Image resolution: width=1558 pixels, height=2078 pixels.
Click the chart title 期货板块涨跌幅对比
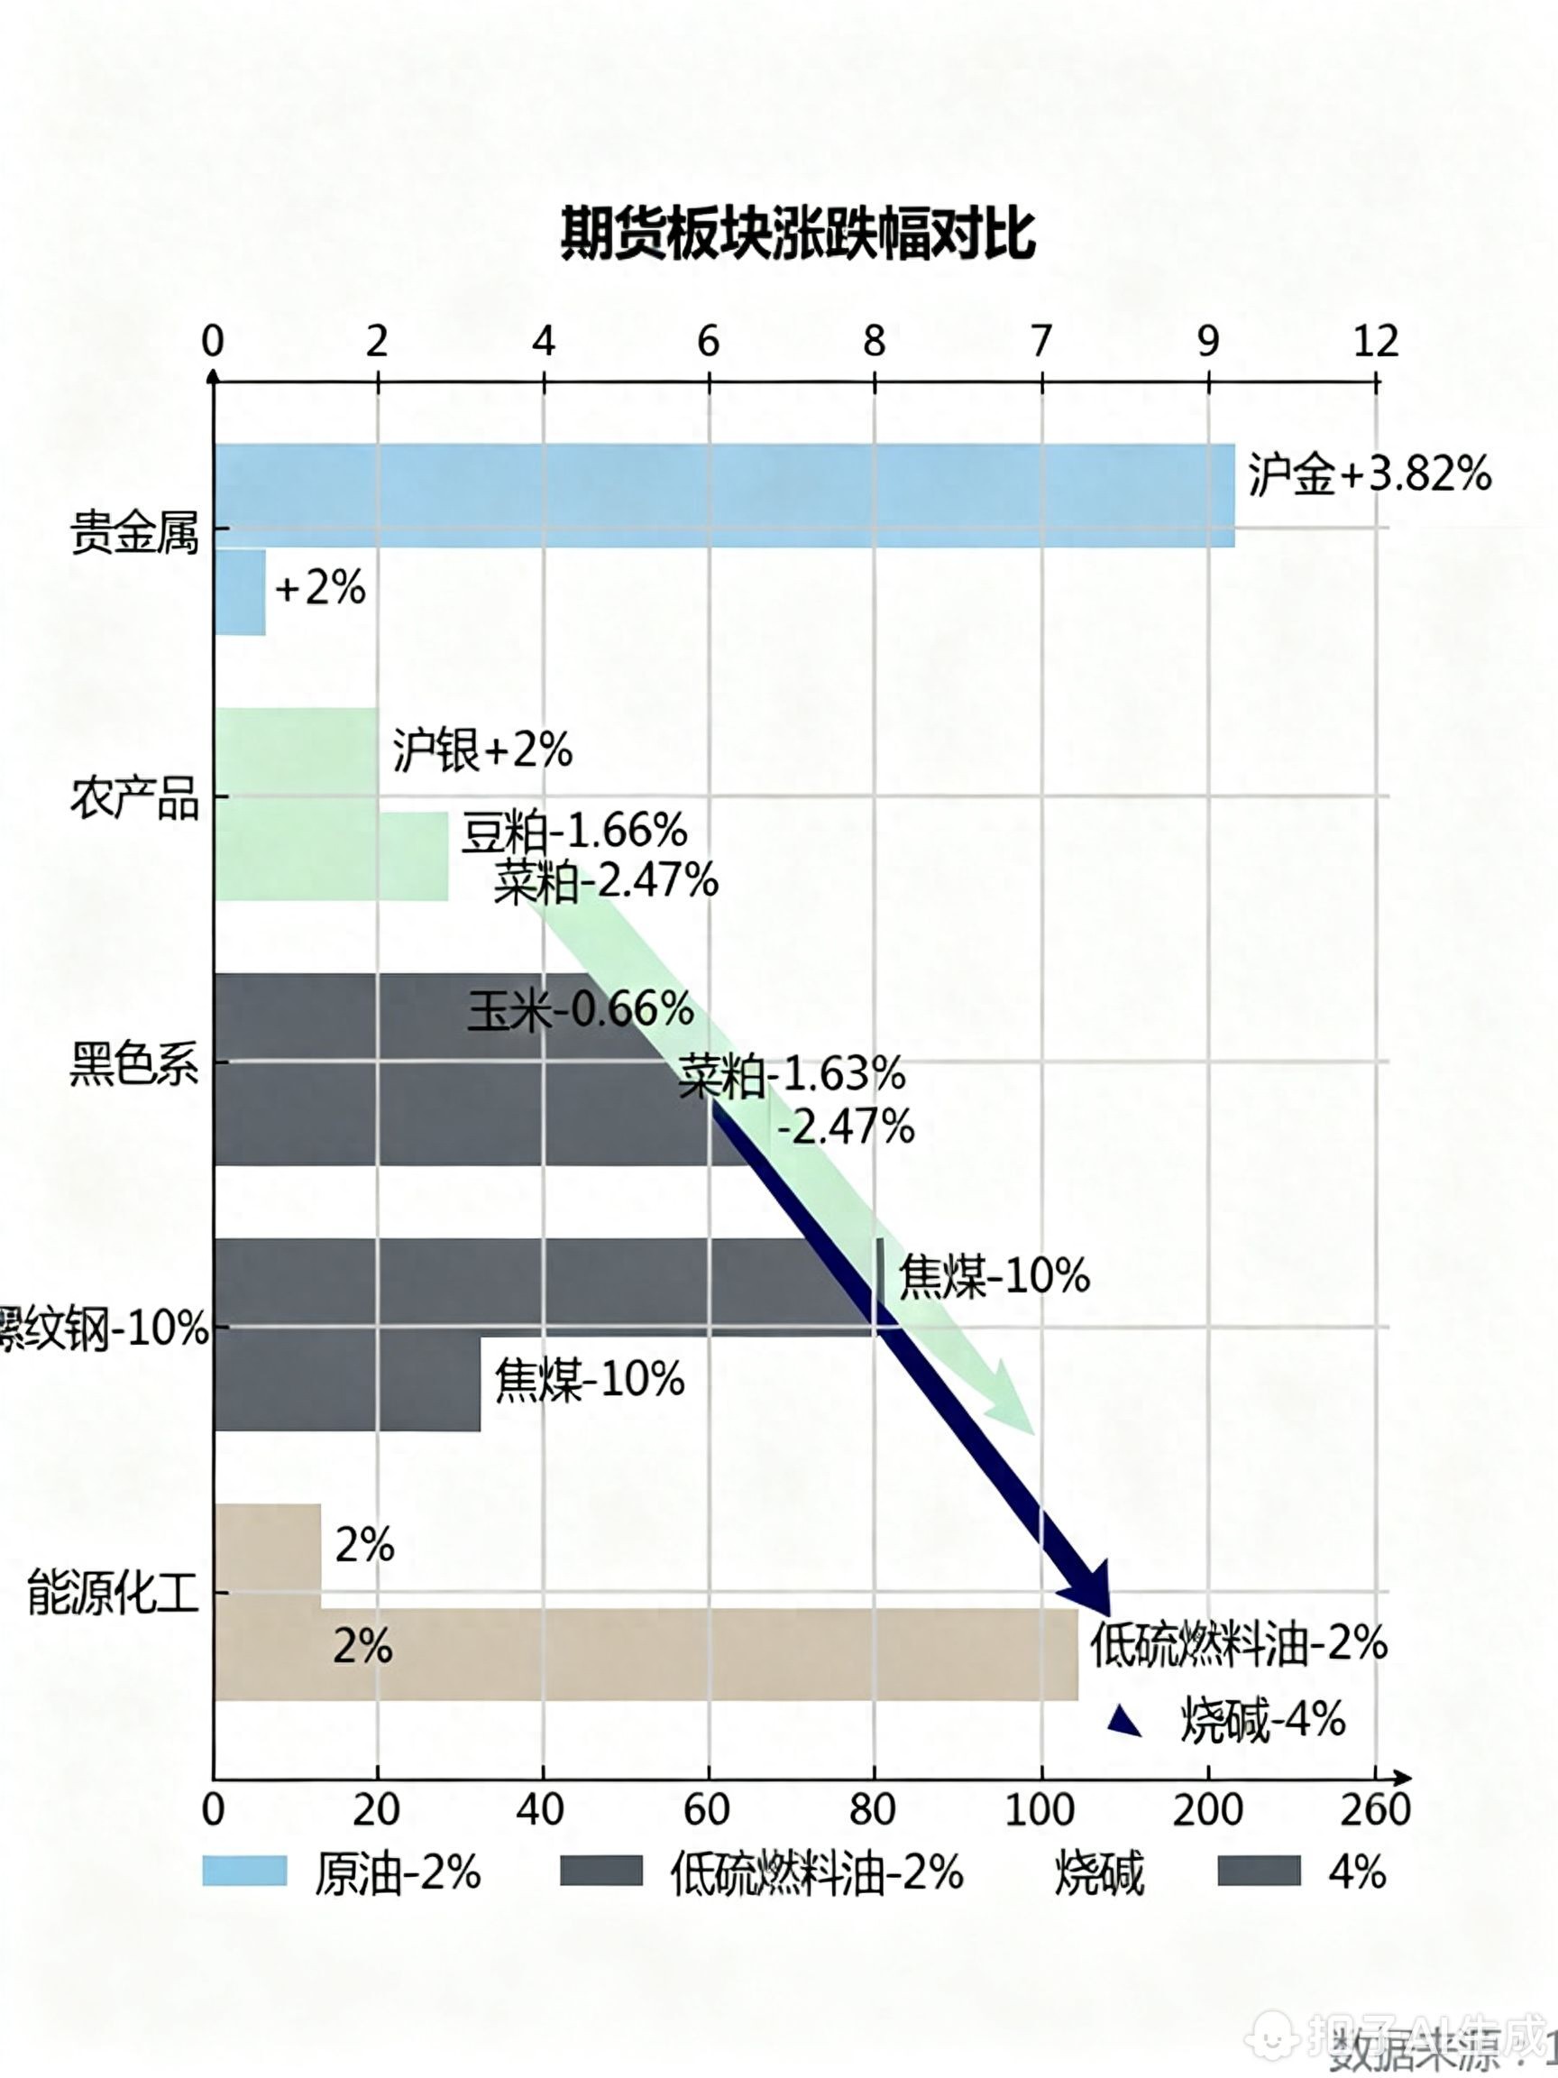point(797,234)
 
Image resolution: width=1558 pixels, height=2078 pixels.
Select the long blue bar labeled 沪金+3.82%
point(723,495)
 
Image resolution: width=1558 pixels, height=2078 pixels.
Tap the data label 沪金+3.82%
point(1370,474)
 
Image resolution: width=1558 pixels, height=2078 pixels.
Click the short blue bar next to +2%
point(240,592)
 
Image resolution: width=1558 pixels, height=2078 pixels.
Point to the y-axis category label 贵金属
point(134,535)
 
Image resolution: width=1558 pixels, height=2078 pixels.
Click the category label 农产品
point(134,800)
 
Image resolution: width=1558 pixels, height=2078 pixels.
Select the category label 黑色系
point(134,1065)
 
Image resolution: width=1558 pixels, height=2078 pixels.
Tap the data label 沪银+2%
point(481,750)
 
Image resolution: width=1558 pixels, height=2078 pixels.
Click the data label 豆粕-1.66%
point(573,832)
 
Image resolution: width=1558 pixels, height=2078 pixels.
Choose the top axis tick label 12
point(1376,341)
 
